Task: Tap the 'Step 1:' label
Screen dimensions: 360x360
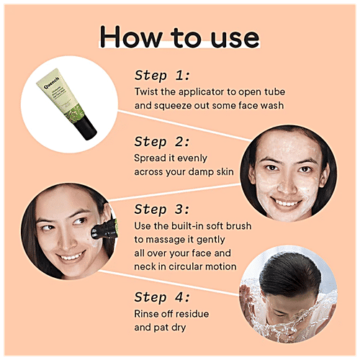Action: point(162,75)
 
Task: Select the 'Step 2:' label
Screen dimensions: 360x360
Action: point(162,141)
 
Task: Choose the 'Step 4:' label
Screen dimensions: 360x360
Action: point(162,296)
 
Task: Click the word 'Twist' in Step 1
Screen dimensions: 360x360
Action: point(148,91)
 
